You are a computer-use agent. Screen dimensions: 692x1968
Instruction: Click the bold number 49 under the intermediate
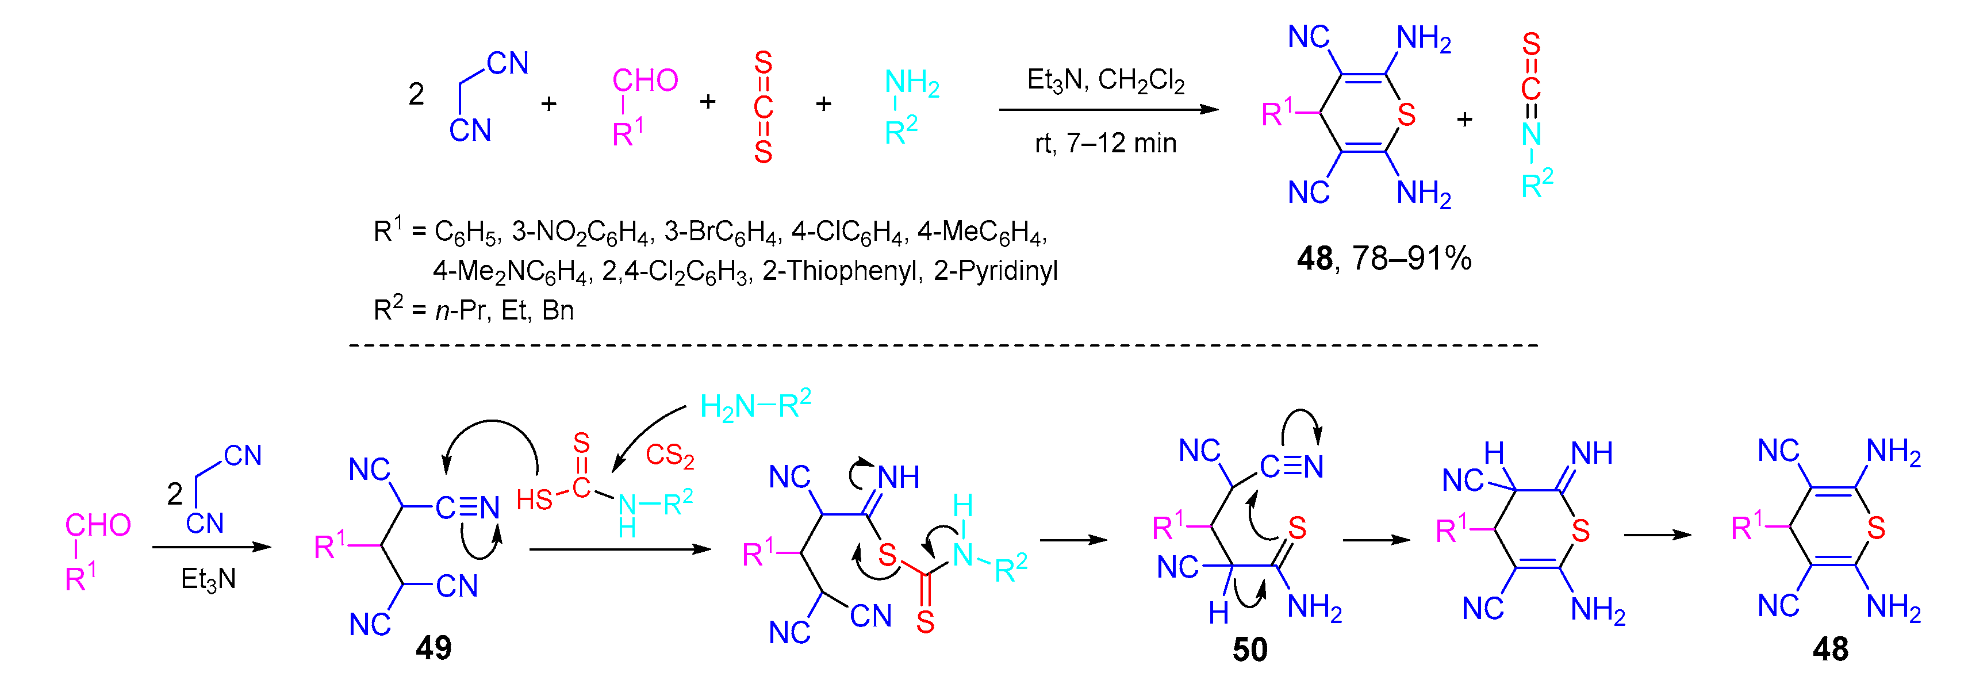tap(433, 648)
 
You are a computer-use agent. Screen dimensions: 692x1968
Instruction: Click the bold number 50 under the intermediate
tap(1250, 649)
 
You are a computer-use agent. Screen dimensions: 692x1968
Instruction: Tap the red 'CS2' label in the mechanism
tap(669, 455)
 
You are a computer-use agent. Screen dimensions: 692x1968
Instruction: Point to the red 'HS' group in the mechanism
tap(534, 500)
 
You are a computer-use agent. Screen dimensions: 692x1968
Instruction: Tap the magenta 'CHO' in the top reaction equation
tap(645, 80)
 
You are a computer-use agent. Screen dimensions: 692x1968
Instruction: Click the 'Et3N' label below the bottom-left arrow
tap(208, 579)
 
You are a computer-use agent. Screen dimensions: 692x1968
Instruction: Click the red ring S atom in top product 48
tap(1406, 116)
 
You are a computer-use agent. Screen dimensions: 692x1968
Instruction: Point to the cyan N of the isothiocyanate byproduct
tap(1530, 134)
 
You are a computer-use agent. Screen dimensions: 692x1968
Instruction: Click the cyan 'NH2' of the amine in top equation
tap(911, 83)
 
